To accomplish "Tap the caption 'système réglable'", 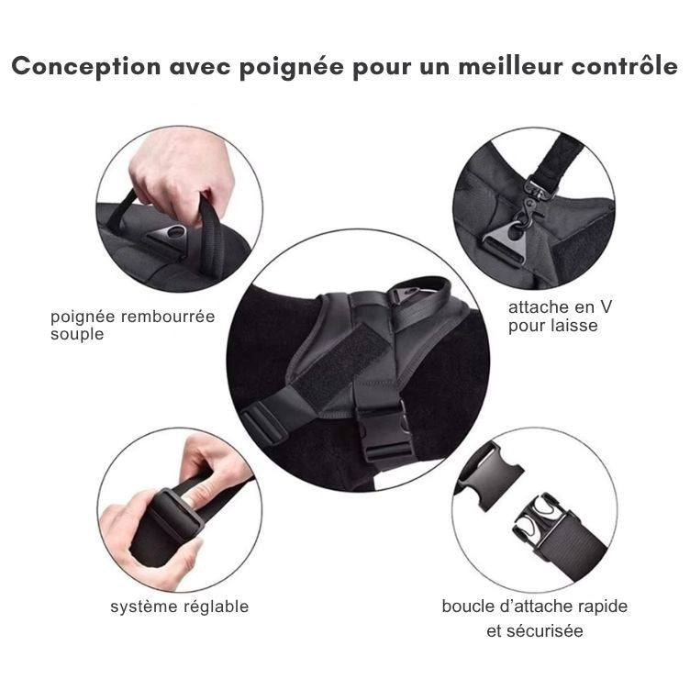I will (180, 607).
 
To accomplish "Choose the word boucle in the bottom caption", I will (468, 607).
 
